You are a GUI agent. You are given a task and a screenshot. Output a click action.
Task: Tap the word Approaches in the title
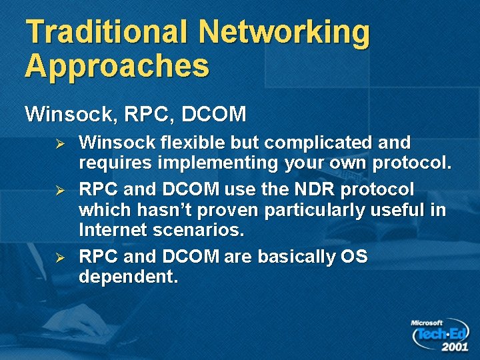(117, 66)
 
